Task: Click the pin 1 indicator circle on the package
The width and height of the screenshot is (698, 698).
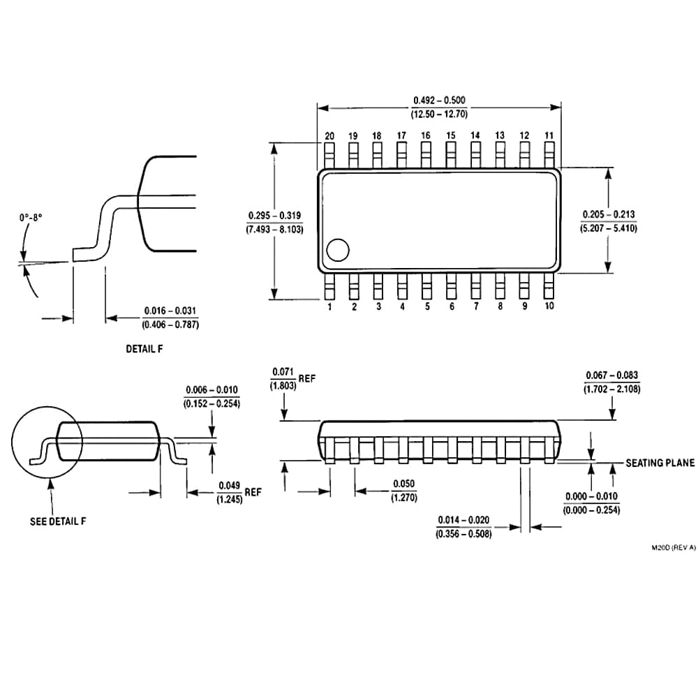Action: pos(338,250)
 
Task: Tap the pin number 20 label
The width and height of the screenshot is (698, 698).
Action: pos(329,136)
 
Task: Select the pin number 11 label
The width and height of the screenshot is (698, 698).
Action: pos(549,135)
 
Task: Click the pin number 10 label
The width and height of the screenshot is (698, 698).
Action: pos(549,306)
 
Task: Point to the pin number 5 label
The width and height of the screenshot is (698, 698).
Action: pos(427,306)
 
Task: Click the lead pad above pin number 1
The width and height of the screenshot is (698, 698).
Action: pos(330,286)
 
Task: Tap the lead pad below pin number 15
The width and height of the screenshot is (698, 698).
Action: pos(451,155)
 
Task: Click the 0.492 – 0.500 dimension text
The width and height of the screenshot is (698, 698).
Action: pos(439,100)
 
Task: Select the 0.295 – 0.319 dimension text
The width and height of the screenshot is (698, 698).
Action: pos(274,216)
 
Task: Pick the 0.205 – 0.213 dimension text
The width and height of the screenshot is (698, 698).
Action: pos(609,214)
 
